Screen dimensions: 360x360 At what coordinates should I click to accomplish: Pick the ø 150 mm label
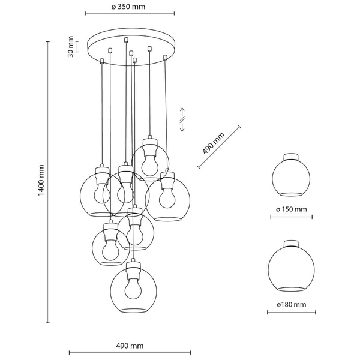point(291,209)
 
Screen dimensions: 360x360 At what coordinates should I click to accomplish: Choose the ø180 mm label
point(291,305)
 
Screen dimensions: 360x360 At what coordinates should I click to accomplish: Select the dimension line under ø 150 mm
point(291,218)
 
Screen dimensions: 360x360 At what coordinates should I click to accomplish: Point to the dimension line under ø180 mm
point(291,313)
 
